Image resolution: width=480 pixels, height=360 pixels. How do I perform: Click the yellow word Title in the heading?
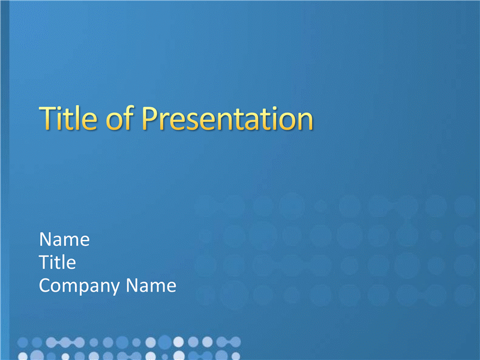click(68, 118)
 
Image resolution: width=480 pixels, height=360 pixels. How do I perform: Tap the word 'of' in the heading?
click(119, 118)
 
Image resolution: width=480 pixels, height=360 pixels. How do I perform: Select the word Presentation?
click(227, 119)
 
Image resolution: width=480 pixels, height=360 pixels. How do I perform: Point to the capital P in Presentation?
click(151, 119)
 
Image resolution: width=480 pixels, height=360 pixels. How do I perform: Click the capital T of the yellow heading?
click(49, 119)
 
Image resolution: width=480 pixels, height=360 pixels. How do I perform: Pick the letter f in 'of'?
click(130, 118)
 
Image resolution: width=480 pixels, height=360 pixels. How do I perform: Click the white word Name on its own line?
click(64, 239)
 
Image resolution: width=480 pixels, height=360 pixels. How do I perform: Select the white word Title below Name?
click(58, 262)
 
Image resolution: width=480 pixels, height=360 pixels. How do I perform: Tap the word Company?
click(80, 286)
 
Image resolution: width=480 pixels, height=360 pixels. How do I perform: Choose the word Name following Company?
click(151, 286)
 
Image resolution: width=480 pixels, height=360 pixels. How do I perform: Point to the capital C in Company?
click(46, 286)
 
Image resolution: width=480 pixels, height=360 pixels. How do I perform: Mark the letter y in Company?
click(115, 289)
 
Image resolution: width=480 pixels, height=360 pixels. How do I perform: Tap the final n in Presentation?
click(305, 122)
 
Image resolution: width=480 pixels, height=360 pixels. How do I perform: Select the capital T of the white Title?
click(44, 263)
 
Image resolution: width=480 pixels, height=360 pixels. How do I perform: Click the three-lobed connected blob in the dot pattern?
click(65, 343)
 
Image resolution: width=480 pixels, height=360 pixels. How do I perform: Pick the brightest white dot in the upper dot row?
click(178, 342)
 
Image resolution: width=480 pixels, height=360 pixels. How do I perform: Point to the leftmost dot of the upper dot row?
click(23, 342)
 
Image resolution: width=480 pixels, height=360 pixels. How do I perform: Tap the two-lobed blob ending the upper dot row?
click(229, 342)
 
